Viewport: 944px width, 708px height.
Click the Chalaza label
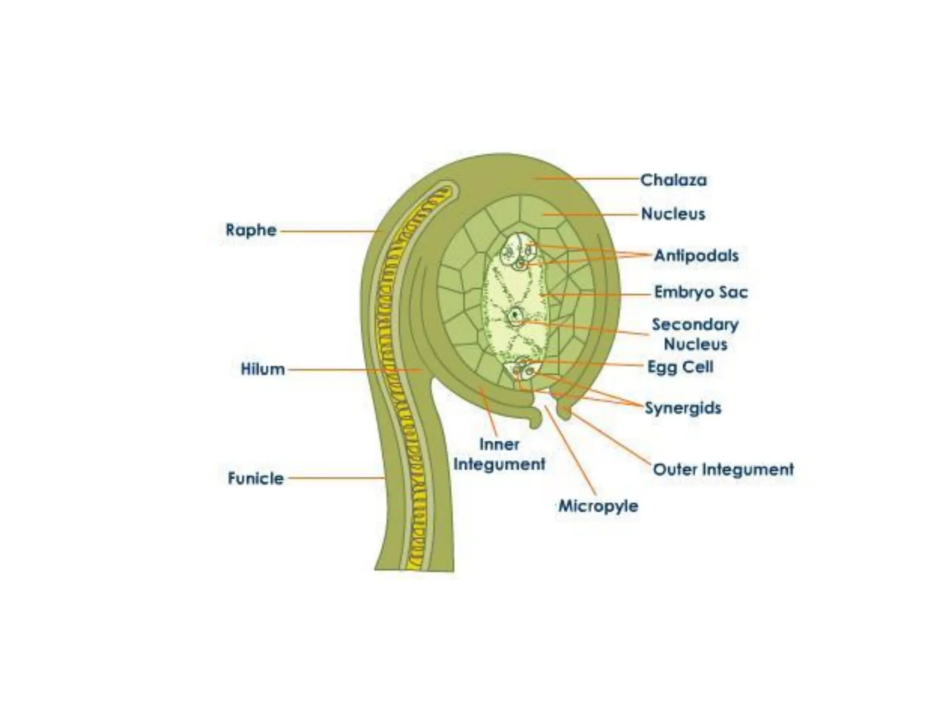click(673, 180)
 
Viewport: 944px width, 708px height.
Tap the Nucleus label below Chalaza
click(673, 214)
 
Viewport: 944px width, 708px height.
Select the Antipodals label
click(696, 255)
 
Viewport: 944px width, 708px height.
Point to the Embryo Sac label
click(701, 292)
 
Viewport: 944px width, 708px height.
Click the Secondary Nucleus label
click(695, 334)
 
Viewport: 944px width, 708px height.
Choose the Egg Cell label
click(680, 367)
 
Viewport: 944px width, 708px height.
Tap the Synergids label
click(683, 408)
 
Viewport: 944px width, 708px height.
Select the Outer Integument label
click(723, 470)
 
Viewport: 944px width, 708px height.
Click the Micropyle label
click(598, 506)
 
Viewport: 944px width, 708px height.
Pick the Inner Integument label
click(499, 454)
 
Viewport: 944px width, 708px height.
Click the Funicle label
click(256, 478)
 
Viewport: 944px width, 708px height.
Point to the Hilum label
click(263, 369)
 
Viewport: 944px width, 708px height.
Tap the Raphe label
click(251, 230)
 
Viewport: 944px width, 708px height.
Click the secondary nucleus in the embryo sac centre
click(516, 316)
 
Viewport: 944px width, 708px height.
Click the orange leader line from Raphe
click(330, 231)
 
